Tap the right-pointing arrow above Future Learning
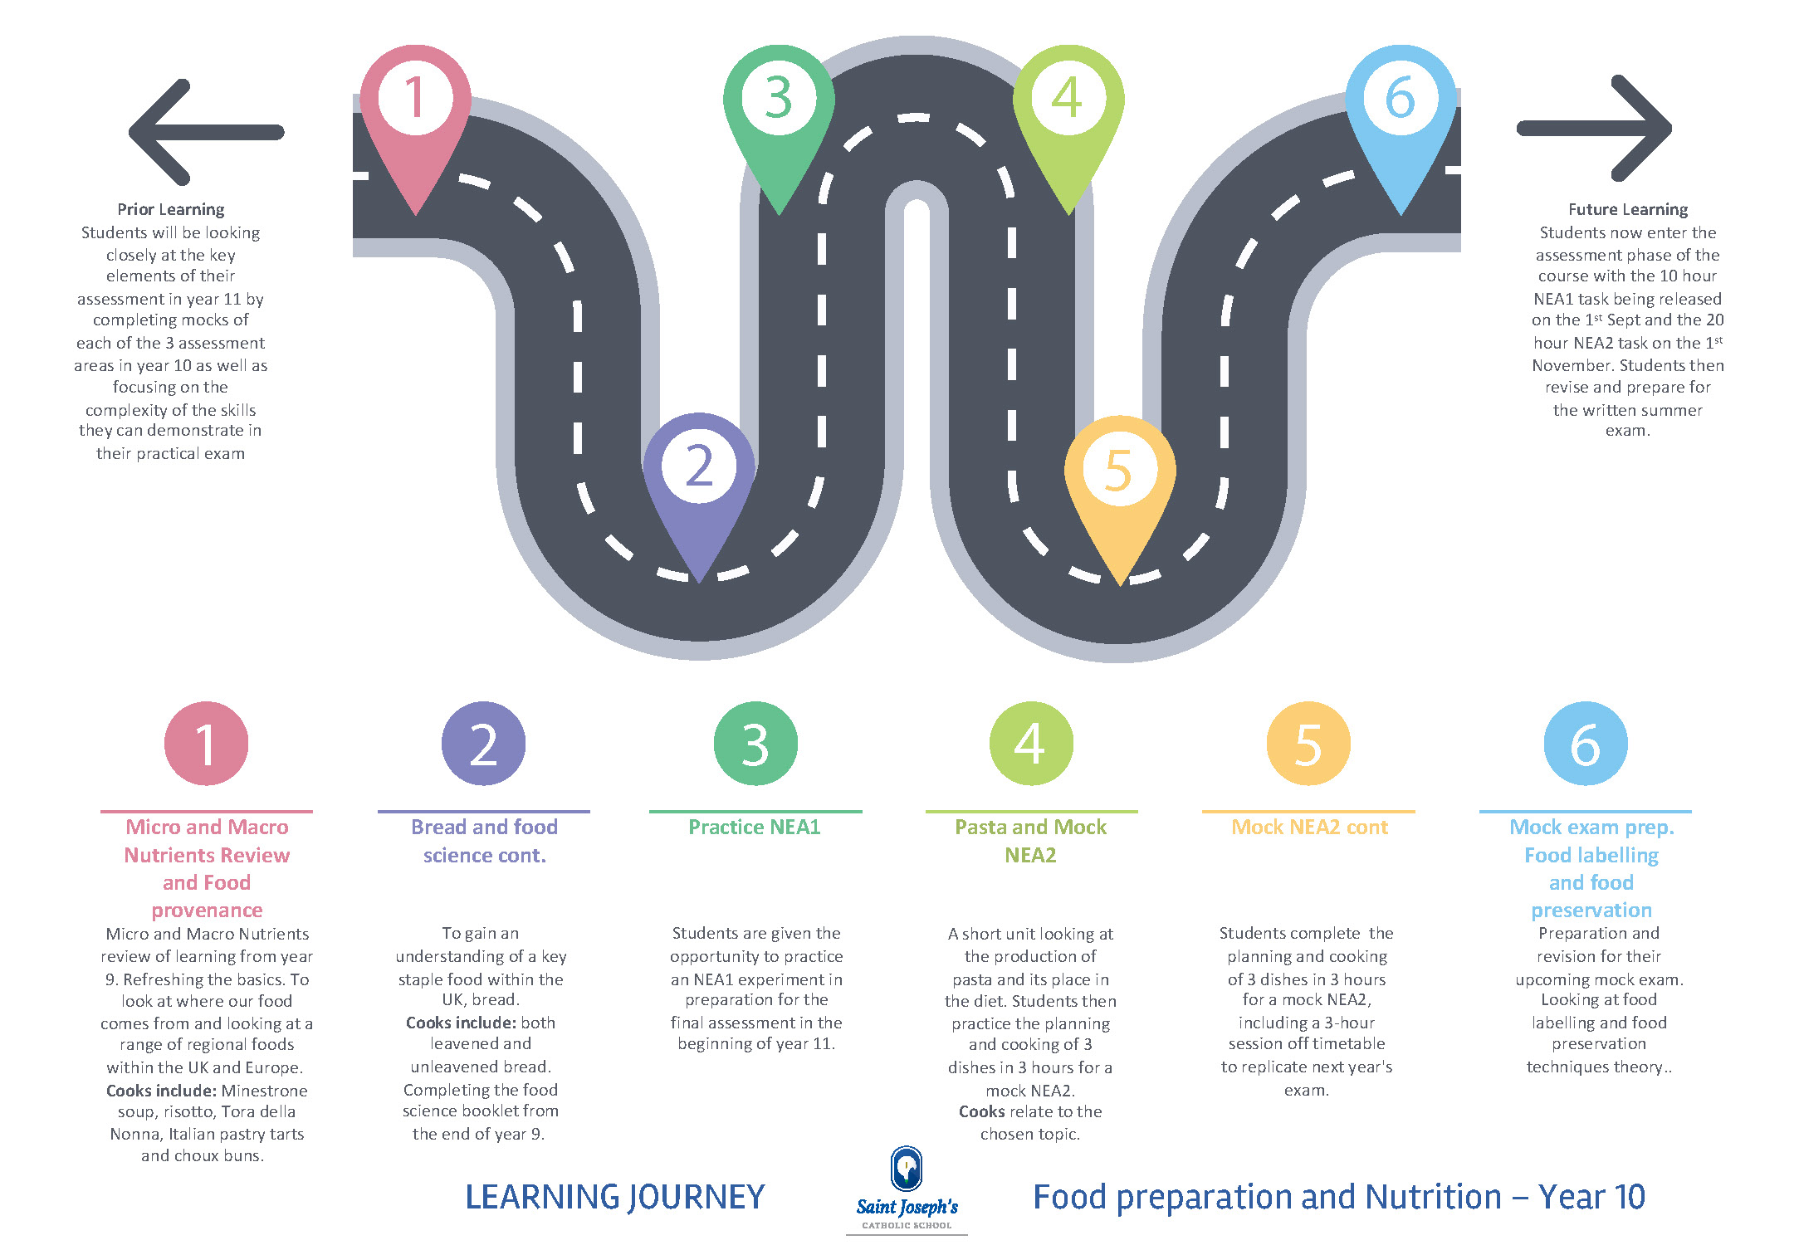[x=1594, y=128]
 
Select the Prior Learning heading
[x=171, y=209]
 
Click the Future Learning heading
[x=1627, y=209]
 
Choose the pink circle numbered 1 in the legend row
[x=206, y=744]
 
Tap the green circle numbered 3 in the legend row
[x=755, y=744]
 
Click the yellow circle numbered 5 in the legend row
[x=1308, y=744]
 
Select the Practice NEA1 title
[x=755, y=828]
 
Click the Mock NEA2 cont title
[x=1309, y=828]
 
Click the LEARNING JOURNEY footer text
[x=614, y=1197]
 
